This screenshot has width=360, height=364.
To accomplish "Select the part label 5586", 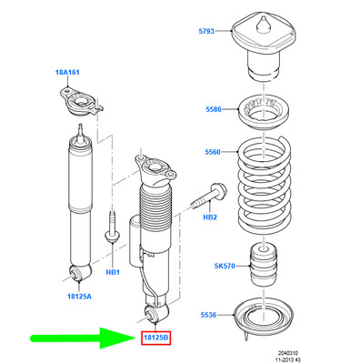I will pos(212,108).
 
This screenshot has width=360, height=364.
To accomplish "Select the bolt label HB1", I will pos(114,272).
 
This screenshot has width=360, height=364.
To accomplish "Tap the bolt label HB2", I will pos(208,217).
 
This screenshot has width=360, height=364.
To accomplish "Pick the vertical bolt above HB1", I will pos(113,228).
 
